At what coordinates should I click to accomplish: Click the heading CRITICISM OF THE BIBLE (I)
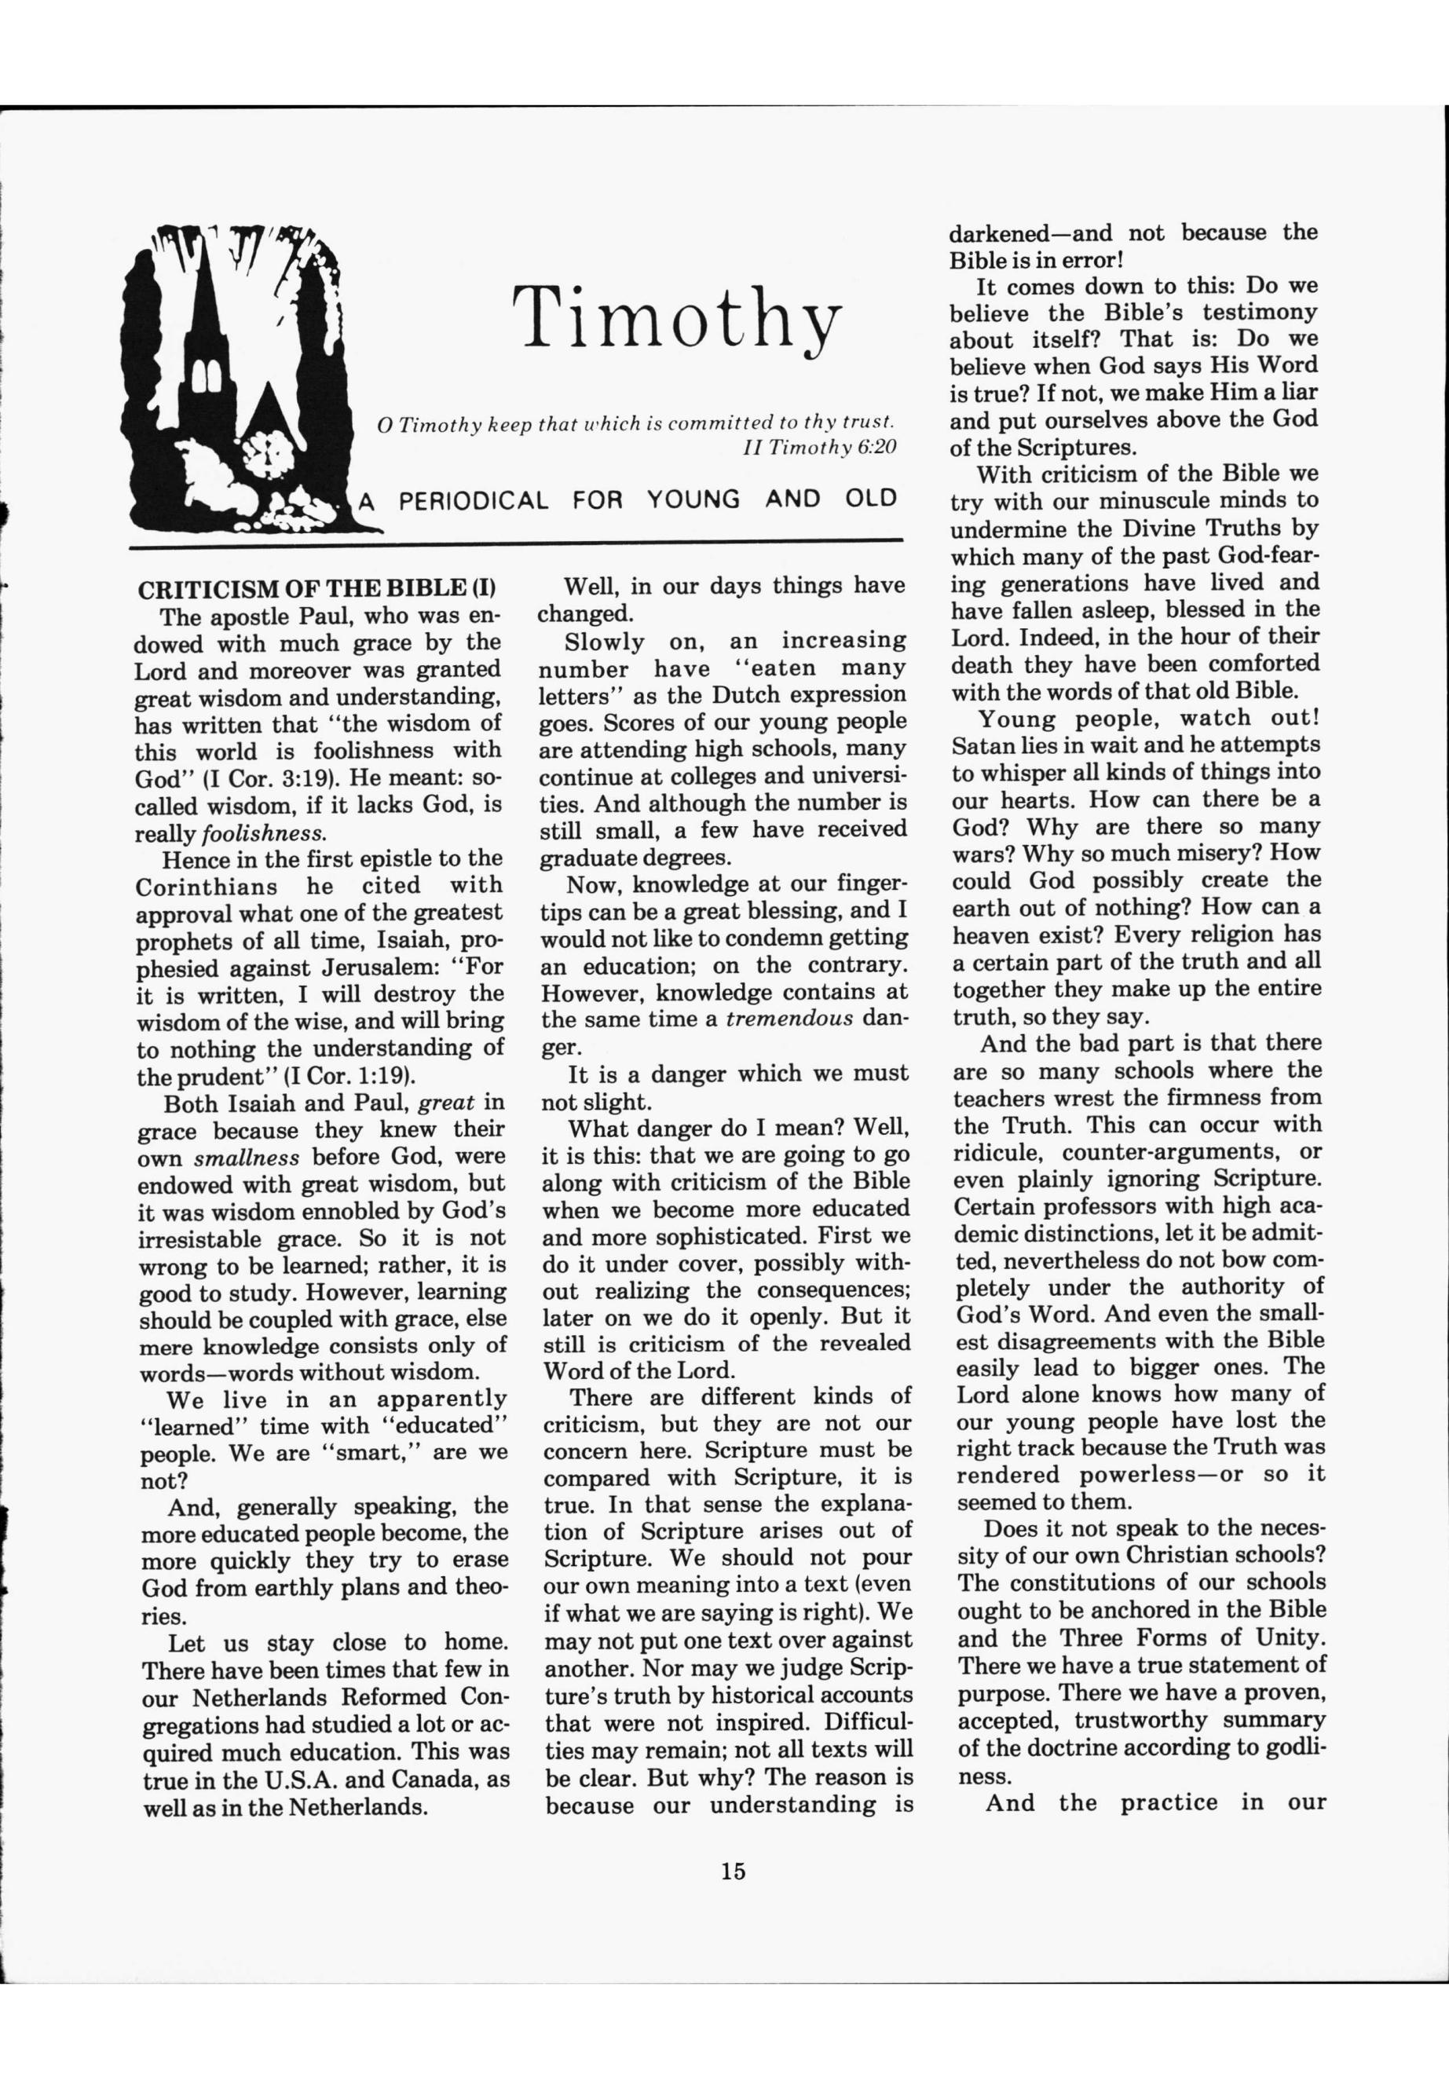tap(317, 589)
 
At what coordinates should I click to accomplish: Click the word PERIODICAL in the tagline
tap(474, 500)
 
